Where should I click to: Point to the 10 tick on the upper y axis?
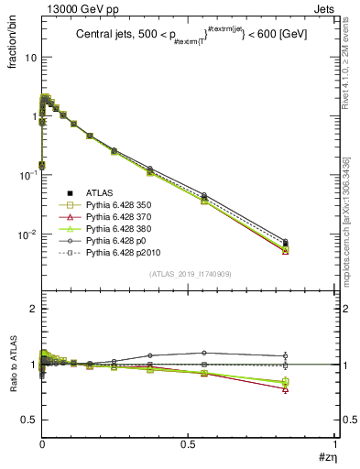(x=29, y=57)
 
